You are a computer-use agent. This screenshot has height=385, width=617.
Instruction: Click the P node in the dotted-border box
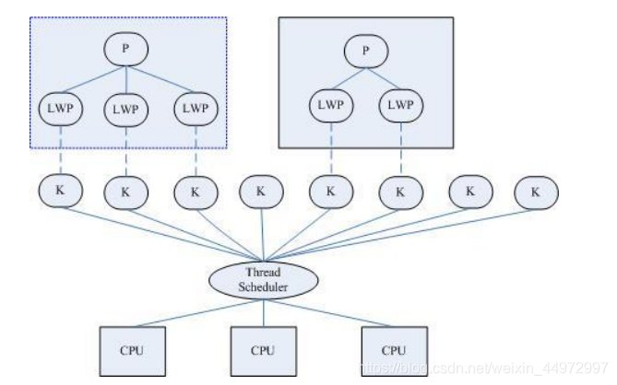tap(126, 49)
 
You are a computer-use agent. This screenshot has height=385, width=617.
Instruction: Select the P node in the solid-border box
tap(366, 52)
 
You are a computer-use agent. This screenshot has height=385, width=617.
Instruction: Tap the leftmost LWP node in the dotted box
tap(61, 109)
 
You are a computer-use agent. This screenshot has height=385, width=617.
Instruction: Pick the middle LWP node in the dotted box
tap(126, 110)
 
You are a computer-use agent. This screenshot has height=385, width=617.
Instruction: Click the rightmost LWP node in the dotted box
tap(196, 109)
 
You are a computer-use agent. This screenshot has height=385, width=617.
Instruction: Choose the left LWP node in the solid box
tap(331, 106)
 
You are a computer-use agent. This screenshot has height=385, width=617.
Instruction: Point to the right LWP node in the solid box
tap(401, 106)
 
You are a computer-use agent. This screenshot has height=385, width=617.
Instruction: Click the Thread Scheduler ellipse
tap(263, 280)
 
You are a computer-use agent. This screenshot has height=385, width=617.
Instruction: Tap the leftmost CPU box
tap(133, 351)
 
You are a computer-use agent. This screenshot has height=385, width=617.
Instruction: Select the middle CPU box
tap(264, 351)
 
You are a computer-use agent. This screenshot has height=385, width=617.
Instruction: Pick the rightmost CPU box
tap(395, 351)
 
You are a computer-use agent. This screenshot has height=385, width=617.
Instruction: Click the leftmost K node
tap(61, 191)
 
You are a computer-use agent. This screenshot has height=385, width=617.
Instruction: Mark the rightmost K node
tap(536, 192)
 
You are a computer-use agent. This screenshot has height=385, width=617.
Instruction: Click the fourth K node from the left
tap(261, 192)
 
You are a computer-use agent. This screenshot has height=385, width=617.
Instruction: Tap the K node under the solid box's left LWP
tap(331, 192)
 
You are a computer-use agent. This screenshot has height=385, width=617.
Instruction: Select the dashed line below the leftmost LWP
tap(61, 150)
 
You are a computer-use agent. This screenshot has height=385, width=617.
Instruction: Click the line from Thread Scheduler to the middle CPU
tap(264, 313)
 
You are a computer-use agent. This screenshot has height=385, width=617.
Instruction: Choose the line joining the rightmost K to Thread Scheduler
tap(399, 235)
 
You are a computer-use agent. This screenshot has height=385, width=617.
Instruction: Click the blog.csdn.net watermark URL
tap(484, 368)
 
